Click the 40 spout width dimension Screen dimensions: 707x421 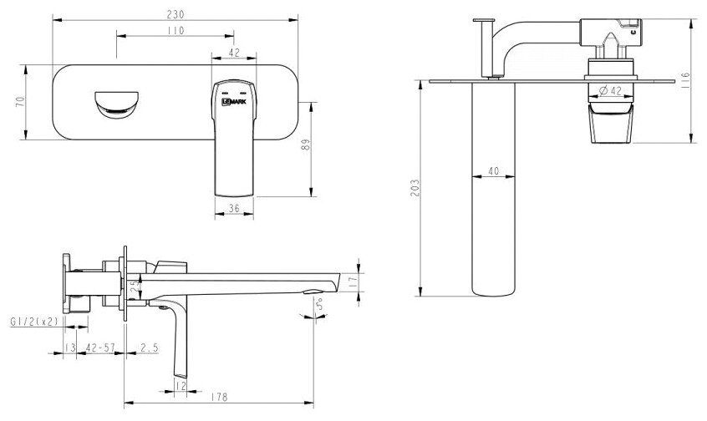493,172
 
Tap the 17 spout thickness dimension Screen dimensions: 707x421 355,282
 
